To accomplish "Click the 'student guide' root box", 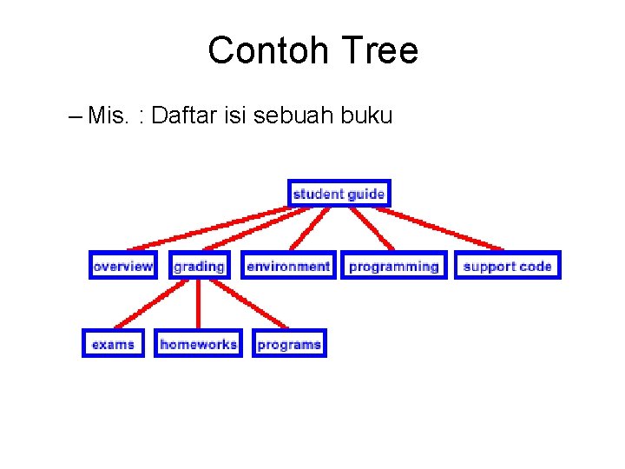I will point(339,194).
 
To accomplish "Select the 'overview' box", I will point(122,266).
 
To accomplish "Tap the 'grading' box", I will point(199,266).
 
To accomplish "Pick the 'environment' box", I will point(288,266).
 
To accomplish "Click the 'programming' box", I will point(393,266).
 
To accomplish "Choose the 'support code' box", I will point(507,266).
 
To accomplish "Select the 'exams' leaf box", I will point(113,344).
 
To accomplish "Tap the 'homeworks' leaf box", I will point(198,344).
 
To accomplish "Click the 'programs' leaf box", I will point(289,344).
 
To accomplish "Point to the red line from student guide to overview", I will point(208,228).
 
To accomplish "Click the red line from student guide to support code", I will point(447,228).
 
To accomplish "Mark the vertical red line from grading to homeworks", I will point(199,304).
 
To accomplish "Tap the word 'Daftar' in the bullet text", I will point(181,116).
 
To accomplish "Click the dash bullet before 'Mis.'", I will point(73,116).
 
